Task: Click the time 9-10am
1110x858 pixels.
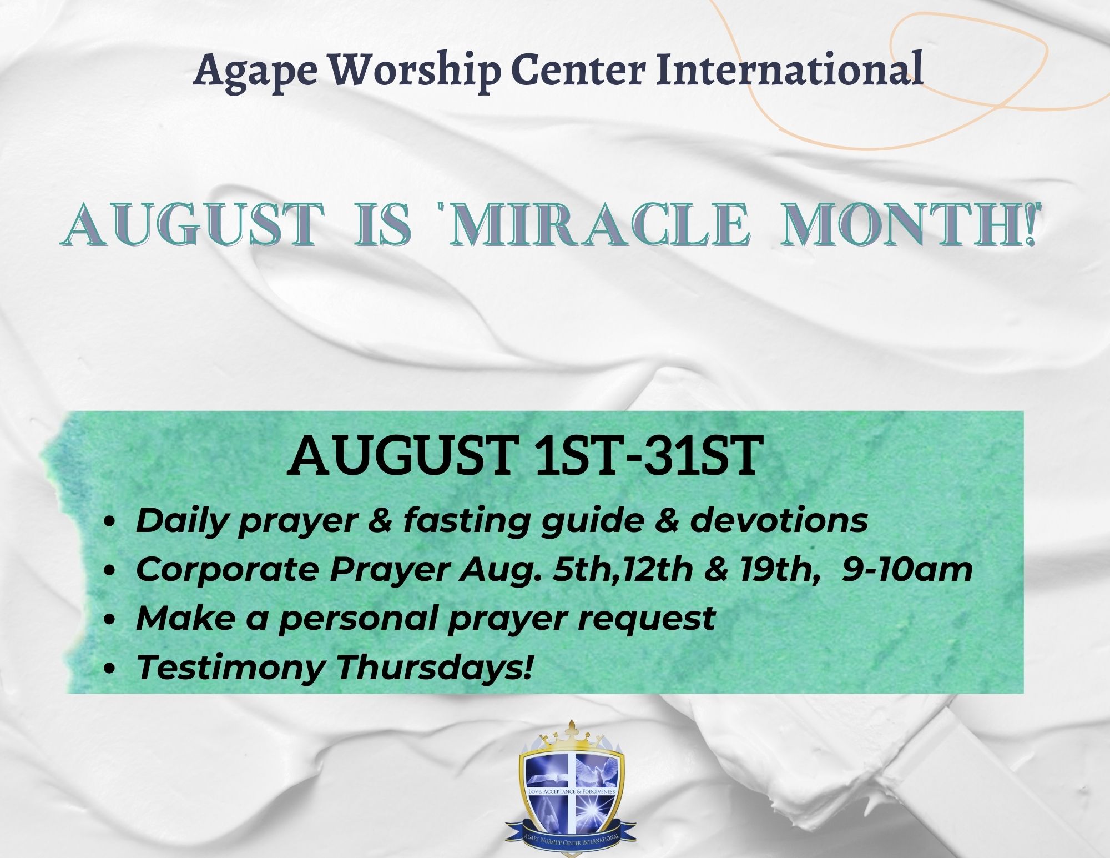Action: (907, 569)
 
